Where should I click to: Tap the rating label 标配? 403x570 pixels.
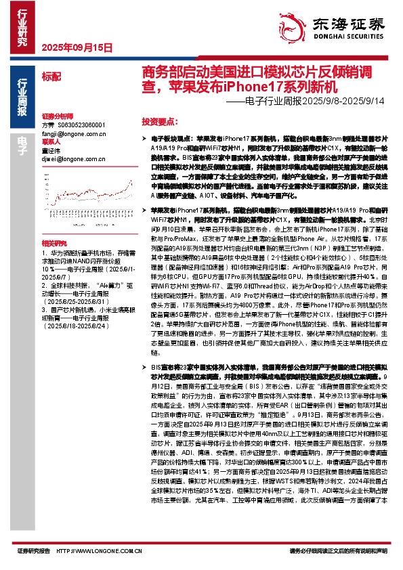point(51,77)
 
